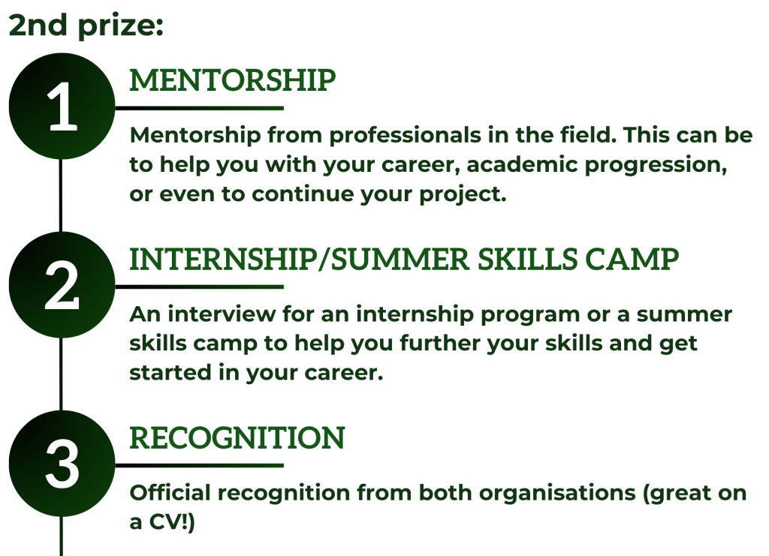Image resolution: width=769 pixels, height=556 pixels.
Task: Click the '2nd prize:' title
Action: pos(86,26)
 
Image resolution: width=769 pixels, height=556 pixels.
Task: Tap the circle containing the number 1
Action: pos(62,107)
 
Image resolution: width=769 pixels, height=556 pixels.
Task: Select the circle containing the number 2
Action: pos(62,285)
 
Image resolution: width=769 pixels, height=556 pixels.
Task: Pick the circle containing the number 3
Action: pos(62,464)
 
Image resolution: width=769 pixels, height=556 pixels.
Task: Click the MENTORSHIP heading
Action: pos(233,80)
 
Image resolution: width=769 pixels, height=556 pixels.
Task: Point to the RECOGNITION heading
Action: pos(237,438)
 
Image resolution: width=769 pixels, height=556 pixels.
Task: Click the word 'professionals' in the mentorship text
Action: pos(405,136)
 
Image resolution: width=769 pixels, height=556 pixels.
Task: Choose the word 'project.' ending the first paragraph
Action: pos(463,195)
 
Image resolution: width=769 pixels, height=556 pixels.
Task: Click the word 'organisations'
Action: pos(557,493)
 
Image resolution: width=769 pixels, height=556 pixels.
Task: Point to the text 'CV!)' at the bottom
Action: pos(172,522)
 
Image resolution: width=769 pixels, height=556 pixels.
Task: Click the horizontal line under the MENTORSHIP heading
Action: pos(199,108)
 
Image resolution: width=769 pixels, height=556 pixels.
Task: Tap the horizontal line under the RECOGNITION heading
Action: pos(199,465)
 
